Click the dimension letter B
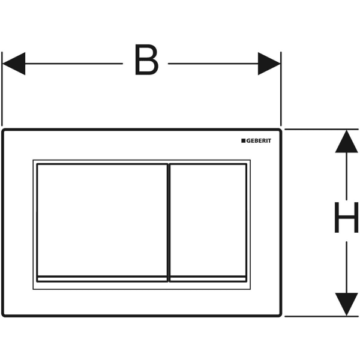(146, 59)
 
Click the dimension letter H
(346, 217)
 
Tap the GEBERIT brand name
(259, 141)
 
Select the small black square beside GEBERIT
(244, 140)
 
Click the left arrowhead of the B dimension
(14, 64)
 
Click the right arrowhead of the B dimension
(269, 64)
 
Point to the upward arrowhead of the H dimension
(346, 142)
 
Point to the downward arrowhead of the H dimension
(346, 304)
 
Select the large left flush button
(102, 220)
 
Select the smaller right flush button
(208, 220)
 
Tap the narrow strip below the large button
(102, 279)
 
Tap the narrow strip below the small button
(208, 279)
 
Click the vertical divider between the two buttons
(169, 223)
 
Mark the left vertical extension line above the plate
(2, 89)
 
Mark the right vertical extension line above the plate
(281, 89)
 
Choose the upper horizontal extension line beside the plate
(322, 130)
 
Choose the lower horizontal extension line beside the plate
(322, 316)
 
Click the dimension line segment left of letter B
(74, 64)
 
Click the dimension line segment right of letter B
(213, 64)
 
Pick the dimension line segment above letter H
(346, 176)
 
